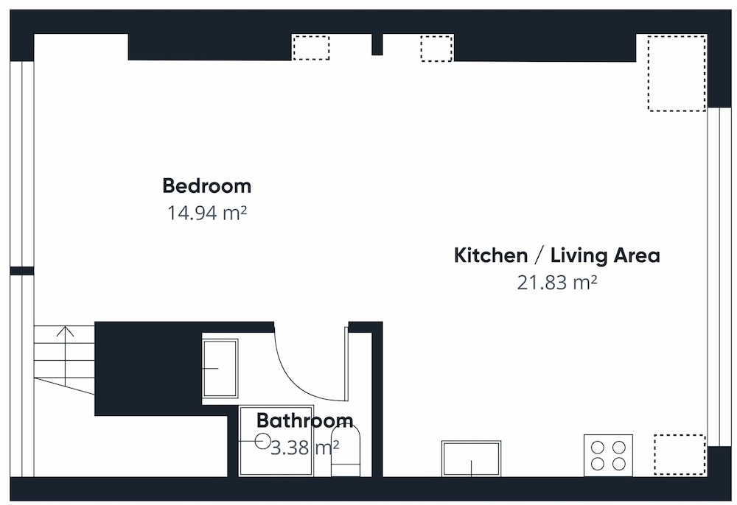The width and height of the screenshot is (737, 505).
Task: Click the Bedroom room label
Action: point(207,186)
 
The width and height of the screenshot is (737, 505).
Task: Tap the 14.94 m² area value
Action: point(207,213)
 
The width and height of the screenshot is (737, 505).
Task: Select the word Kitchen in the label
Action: point(491,255)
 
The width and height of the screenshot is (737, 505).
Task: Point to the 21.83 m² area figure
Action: point(557,283)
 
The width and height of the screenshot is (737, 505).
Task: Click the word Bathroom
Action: point(305,420)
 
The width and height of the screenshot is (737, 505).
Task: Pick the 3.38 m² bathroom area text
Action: point(305,448)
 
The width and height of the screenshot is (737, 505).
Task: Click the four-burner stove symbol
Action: point(608,455)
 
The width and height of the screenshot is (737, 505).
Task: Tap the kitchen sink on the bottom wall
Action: point(471,459)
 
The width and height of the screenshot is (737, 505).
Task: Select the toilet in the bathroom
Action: point(346,451)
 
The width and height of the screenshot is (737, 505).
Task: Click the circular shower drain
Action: point(263,441)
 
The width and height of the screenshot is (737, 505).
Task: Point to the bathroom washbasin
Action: point(220,368)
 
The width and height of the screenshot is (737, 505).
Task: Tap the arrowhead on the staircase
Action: point(66,331)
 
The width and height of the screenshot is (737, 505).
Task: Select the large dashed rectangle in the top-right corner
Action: point(677,73)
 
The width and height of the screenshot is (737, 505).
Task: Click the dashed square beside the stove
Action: point(680,455)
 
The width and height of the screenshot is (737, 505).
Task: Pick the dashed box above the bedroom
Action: point(311,47)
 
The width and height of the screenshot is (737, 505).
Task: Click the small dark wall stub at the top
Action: point(377,45)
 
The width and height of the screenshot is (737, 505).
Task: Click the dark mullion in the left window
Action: point(22,271)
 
